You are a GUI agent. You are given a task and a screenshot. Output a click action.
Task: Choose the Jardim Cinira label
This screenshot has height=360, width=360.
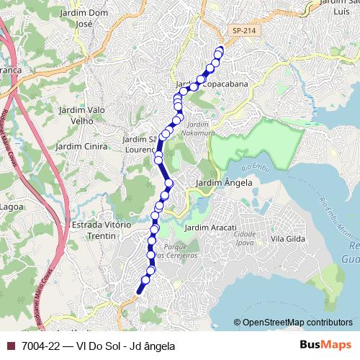pos(84,146)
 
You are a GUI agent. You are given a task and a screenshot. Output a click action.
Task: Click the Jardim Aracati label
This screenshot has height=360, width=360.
pos(211,228)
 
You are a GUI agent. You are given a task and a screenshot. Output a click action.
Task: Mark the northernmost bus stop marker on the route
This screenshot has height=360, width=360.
pos(220,51)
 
